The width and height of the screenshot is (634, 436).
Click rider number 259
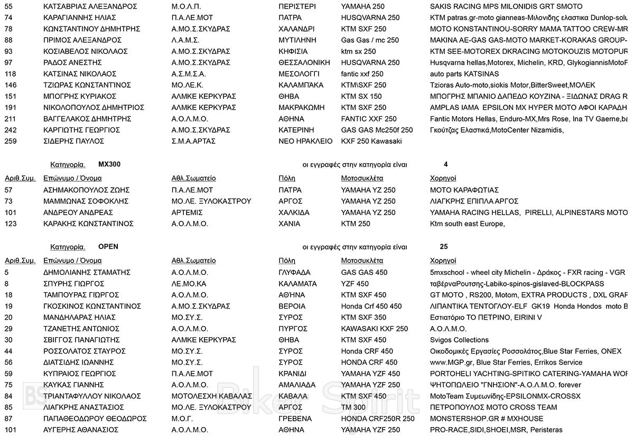pyautogui.click(x=10, y=141)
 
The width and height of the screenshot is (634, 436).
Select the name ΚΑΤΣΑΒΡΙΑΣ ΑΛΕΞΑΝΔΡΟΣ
pyautogui.click(x=90, y=6)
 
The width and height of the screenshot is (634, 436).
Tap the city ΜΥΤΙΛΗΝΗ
pyautogui.click(x=297, y=40)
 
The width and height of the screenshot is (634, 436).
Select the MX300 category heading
pyautogui.click(x=109, y=164)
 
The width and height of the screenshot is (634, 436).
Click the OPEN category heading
pyautogui.click(x=108, y=247)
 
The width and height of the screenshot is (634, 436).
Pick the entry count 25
pyautogui.click(x=444, y=247)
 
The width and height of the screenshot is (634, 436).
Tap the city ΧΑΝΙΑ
pyautogui.click(x=289, y=224)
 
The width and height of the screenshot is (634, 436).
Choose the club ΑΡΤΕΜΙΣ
pyautogui.click(x=187, y=212)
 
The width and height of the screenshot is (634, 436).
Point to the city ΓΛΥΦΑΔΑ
pyautogui.click(x=294, y=273)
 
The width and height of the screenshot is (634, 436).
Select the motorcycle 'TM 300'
pyautogui.click(x=353, y=407)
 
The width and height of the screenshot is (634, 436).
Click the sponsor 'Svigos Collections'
pyautogui.click(x=459, y=340)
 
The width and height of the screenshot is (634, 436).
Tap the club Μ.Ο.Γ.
pyautogui.click(x=182, y=419)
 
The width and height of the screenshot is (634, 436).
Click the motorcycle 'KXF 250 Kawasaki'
pyautogui.click(x=371, y=141)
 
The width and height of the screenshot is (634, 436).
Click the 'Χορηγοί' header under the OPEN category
pyautogui.click(x=443, y=261)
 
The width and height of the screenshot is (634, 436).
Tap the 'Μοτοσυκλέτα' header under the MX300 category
pyautogui.click(x=362, y=178)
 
